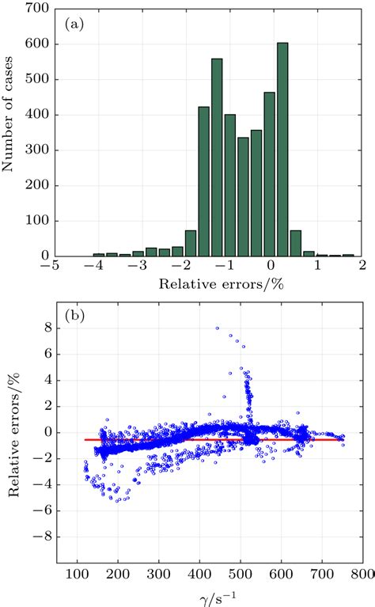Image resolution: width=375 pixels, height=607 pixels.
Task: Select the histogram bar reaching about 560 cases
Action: pos(217,157)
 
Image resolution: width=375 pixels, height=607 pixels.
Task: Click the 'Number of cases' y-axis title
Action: pos(12,131)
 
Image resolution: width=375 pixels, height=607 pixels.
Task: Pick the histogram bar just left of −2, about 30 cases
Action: pos(177,252)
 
